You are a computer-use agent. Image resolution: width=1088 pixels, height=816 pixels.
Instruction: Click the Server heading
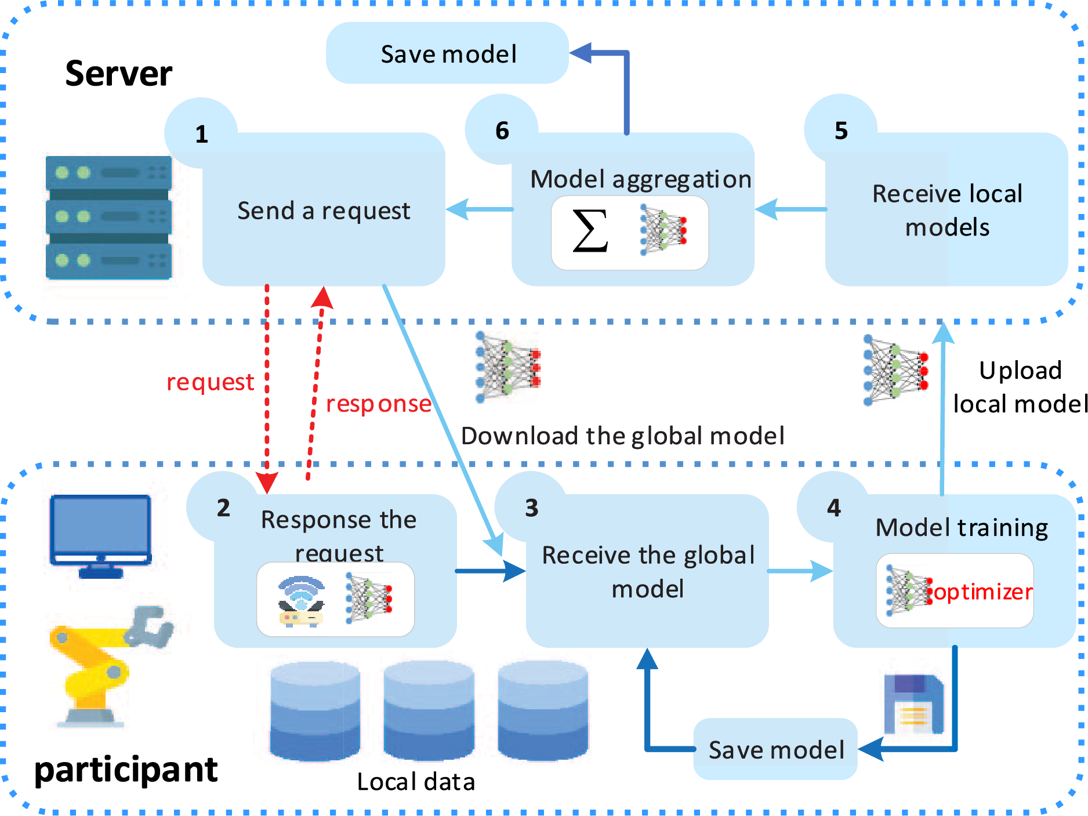tap(118, 74)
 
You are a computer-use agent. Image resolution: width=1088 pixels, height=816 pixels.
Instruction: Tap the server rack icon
tap(108, 217)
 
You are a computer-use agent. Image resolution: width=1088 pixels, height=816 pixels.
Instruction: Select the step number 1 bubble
tap(201, 134)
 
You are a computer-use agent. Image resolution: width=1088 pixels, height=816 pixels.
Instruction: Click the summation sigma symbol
tap(590, 231)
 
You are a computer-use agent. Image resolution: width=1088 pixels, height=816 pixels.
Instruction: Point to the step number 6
tap(502, 131)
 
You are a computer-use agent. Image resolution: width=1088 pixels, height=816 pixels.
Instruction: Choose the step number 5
tap(841, 131)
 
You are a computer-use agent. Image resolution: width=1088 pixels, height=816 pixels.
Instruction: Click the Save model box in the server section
tap(448, 54)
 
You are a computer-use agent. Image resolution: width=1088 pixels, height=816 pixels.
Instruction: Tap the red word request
tap(210, 382)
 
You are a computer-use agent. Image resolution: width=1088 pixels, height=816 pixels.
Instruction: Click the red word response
tap(379, 404)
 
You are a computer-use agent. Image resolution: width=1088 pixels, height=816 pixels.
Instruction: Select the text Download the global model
tap(622, 436)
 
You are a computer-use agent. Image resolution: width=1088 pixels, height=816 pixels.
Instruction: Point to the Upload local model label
tap(1020, 387)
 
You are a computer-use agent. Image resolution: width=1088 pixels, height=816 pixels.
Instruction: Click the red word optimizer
tap(983, 592)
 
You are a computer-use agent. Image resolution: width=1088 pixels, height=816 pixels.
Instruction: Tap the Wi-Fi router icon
tap(301, 601)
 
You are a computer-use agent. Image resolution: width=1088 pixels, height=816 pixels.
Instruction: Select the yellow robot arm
tap(107, 665)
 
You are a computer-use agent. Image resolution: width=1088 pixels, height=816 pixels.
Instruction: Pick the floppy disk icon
tap(913, 703)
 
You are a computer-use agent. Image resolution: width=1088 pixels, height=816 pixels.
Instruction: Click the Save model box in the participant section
tap(775, 750)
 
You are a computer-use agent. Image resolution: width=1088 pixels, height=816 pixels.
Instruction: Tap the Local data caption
tap(416, 782)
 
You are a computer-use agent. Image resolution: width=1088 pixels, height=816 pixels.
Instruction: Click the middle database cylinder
tap(429, 710)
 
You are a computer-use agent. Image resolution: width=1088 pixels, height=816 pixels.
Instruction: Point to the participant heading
tap(126, 771)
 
